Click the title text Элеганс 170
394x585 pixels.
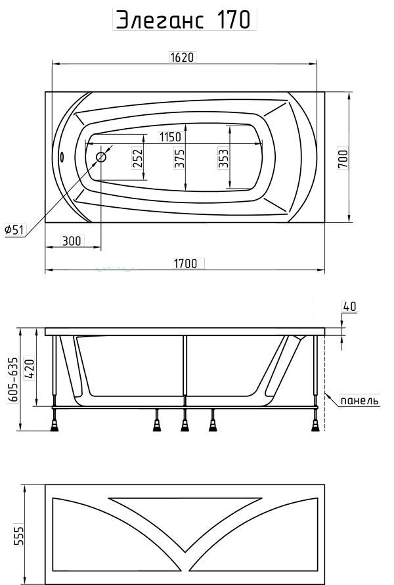point(184,20)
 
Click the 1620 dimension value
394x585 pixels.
point(183,57)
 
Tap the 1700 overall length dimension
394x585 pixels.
point(185,264)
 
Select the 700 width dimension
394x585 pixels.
point(343,158)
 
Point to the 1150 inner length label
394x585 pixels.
point(170,137)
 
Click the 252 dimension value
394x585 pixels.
point(138,158)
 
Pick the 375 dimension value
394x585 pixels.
point(180,158)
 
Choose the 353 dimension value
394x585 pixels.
point(224,158)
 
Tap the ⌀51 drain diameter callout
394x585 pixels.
point(14,230)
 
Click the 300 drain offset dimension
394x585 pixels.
point(71,241)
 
